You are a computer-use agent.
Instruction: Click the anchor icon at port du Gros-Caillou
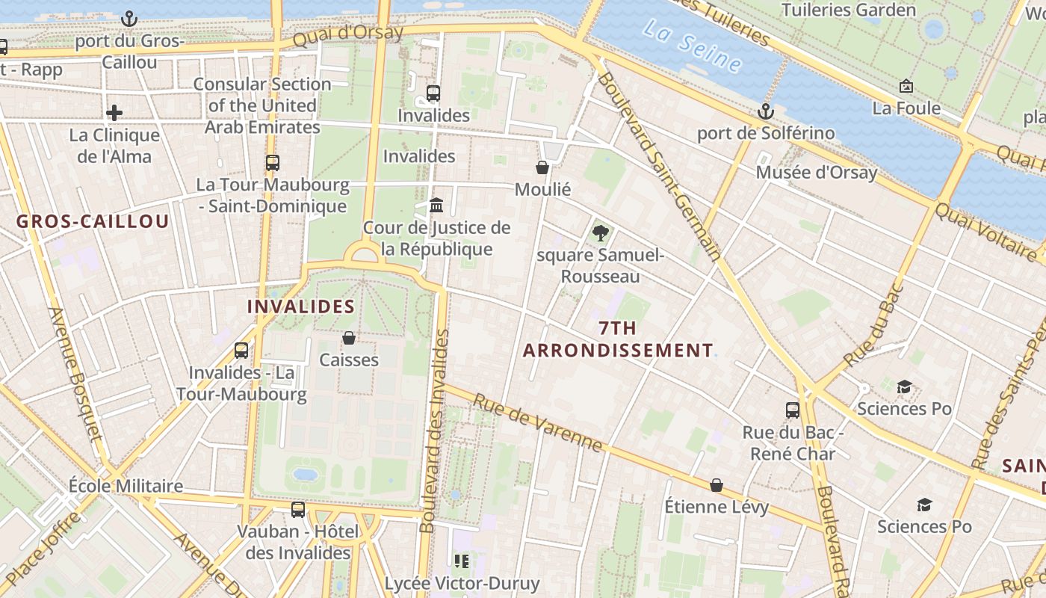pyautogui.click(x=129, y=18)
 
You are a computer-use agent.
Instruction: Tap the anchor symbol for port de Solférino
pyautogui.click(x=766, y=112)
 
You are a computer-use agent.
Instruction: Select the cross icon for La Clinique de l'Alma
pyautogui.click(x=114, y=113)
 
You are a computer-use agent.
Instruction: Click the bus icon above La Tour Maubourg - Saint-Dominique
pyautogui.click(x=273, y=162)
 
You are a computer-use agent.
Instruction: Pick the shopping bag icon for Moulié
pyautogui.click(x=542, y=167)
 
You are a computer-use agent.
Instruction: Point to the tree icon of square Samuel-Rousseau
pyautogui.click(x=600, y=233)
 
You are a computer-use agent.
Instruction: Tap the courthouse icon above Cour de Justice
pyautogui.click(x=436, y=205)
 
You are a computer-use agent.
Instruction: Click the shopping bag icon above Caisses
pyautogui.click(x=349, y=338)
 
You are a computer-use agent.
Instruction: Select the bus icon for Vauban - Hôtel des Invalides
pyautogui.click(x=298, y=510)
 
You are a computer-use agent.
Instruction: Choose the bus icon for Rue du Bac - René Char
pyautogui.click(x=793, y=410)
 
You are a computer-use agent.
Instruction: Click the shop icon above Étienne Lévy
pyautogui.click(x=717, y=485)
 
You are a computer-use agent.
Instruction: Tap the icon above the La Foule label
pyautogui.click(x=906, y=87)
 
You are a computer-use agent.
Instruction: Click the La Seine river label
pyautogui.click(x=692, y=46)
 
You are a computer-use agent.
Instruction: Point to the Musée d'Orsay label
pyautogui.click(x=817, y=173)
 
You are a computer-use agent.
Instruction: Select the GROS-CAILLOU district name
pyautogui.click(x=93, y=221)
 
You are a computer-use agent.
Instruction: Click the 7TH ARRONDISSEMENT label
pyautogui.click(x=618, y=339)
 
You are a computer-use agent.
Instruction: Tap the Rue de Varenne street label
pyautogui.click(x=538, y=423)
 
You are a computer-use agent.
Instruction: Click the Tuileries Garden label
pyautogui.click(x=848, y=10)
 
